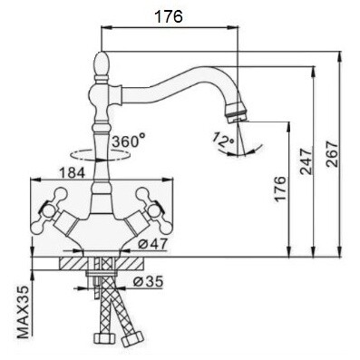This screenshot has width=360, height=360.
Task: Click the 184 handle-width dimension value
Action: (x=72, y=173)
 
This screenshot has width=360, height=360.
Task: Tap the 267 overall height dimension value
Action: (x=332, y=153)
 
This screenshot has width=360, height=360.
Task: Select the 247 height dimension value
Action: (x=306, y=161)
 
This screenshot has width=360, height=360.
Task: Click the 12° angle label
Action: (x=223, y=140)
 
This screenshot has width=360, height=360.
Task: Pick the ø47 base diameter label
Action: (x=152, y=244)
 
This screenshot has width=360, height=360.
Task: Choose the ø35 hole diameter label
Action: (x=148, y=281)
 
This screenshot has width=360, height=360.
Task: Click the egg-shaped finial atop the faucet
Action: (x=102, y=64)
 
